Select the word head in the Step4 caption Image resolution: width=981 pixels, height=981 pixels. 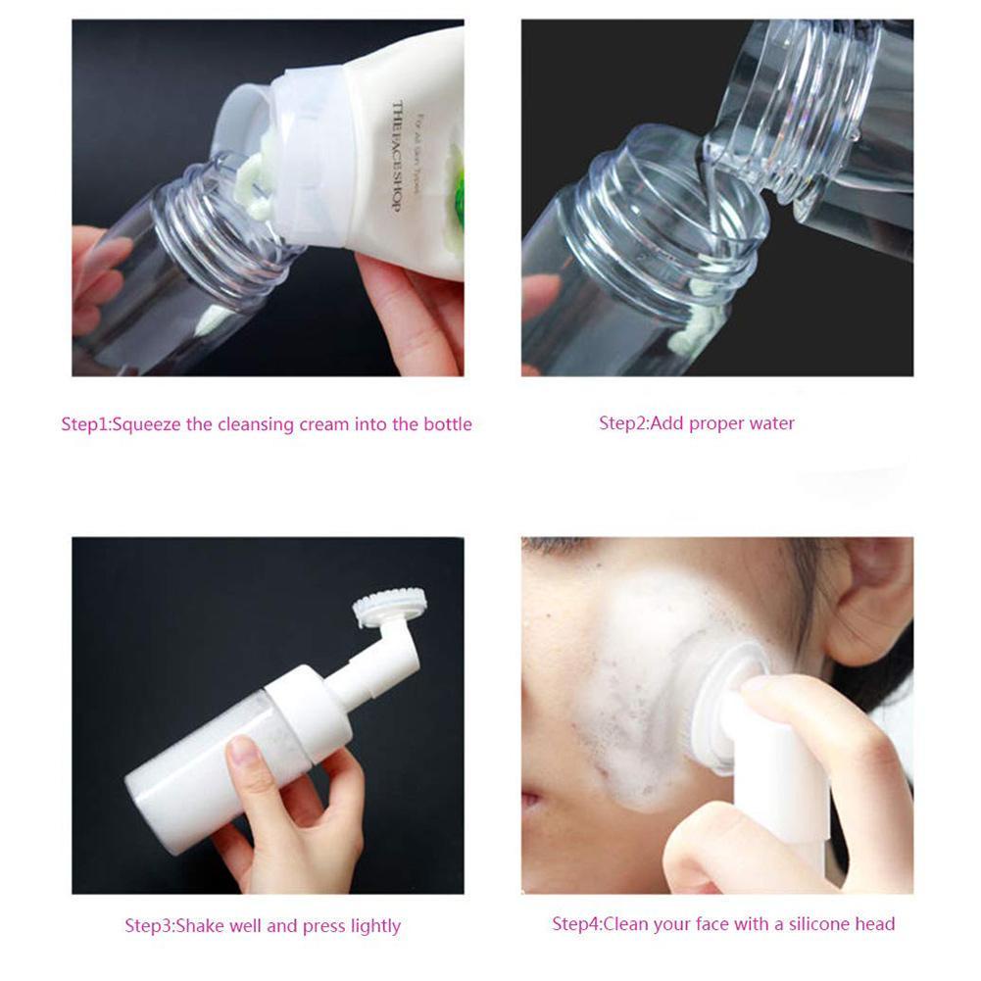[x=874, y=923]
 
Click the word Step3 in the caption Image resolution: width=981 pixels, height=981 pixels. [x=147, y=925]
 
